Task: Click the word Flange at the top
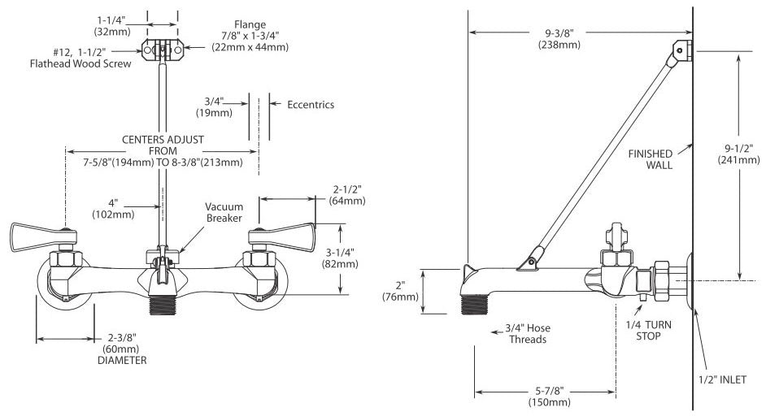point(250,24)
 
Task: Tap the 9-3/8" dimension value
point(559,32)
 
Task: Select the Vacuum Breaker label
point(224,212)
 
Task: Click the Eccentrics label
point(311,105)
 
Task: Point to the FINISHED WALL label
point(651,159)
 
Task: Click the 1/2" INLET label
point(722,379)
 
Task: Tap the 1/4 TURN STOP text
point(648,330)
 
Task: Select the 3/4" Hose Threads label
point(528,333)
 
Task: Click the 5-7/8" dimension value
point(549,391)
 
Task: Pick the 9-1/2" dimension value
point(738,149)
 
